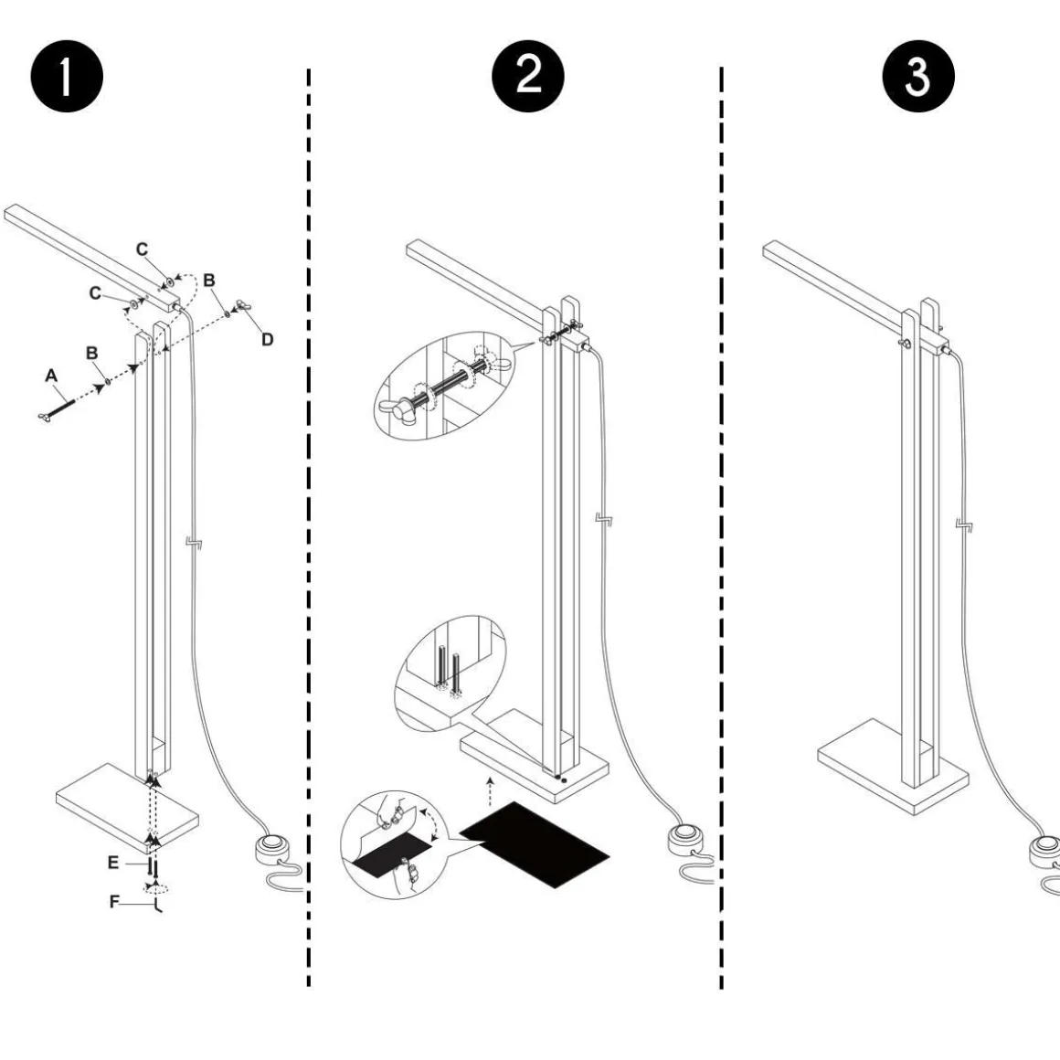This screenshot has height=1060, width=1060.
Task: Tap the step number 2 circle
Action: [528, 77]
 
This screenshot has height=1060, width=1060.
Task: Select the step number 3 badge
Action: [917, 78]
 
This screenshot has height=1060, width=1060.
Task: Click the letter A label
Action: [51, 376]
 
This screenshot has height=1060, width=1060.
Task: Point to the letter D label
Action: [267, 339]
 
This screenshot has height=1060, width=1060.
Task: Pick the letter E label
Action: [112, 862]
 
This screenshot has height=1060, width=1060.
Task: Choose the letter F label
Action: [114, 902]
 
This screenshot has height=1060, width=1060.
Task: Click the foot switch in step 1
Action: [272, 849]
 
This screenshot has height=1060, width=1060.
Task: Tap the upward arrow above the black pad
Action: [491, 790]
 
